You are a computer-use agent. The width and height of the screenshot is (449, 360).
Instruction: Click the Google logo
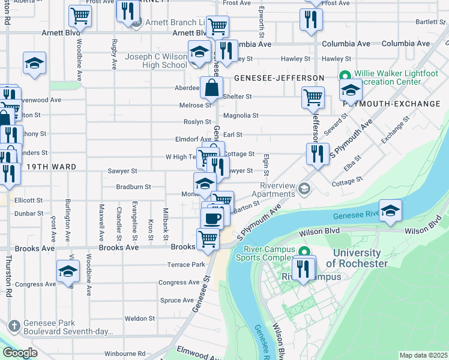[x=20, y=352]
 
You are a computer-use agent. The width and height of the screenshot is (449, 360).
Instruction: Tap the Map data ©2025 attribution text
[x=423, y=355]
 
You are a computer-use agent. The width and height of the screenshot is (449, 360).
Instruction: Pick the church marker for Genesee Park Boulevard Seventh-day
[x=15, y=326]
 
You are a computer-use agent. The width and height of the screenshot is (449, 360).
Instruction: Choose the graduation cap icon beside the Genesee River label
[x=390, y=211]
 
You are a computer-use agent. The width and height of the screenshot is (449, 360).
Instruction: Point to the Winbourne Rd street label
[x=125, y=353]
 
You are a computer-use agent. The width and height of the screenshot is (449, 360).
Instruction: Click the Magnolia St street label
[x=240, y=115]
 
